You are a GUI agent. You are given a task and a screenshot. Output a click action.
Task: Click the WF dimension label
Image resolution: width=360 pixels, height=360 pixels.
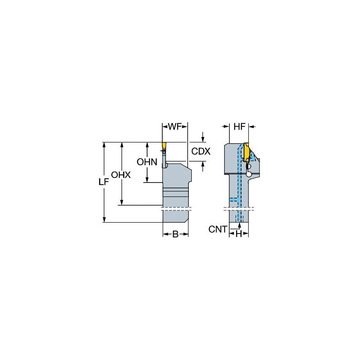tap(175, 126)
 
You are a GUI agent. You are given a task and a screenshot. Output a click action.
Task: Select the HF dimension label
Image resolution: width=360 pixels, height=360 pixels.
tap(239, 126)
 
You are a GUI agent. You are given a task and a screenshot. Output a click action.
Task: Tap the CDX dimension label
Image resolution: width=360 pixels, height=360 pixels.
tap(201, 151)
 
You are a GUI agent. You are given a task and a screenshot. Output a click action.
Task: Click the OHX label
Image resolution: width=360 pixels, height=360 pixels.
tap(121, 175)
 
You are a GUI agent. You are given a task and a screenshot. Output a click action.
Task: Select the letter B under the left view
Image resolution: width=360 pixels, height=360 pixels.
tap(175, 234)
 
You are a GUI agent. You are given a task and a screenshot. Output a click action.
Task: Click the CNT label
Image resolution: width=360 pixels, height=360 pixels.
tap(218, 229)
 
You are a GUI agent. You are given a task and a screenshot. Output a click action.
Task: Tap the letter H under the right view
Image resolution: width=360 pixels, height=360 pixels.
tap(239, 234)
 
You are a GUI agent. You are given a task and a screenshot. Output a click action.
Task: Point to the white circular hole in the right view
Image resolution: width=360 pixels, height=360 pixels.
tap(249, 174)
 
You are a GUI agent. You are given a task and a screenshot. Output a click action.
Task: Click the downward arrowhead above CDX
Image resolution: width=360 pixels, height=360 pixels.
tap(203, 140)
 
